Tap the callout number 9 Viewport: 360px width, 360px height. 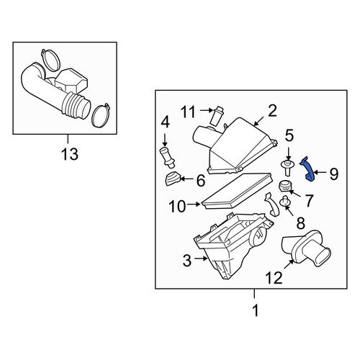[x=333, y=174]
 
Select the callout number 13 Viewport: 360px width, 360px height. [x=70, y=154]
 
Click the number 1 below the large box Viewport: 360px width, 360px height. [x=256, y=310]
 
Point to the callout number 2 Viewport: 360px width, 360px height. [x=272, y=111]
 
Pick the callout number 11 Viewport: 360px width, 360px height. [x=188, y=112]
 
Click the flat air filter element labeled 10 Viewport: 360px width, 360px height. [x=238, y=192]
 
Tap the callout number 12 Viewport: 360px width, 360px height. [x=274, y=278]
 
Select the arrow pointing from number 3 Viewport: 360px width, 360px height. [x=201, y=258]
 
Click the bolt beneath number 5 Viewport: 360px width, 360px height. [x=288, y=168]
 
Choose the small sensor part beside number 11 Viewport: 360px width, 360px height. [x=217, y=115]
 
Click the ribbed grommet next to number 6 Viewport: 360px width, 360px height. [x=172, y=179]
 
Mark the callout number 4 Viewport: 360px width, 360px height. [x=165, y=122]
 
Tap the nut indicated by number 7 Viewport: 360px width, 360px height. [x=284, y=186]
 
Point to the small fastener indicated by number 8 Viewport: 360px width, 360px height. [x=285, y=202]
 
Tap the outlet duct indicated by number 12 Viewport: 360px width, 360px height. [x=306, y=248]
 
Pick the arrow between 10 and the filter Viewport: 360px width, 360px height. [x=194, y=204]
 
